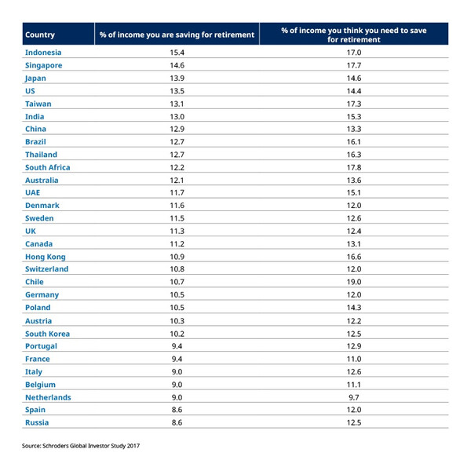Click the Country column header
coord(40,35)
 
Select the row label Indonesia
coord(43,53)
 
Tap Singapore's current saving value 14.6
coord(177,65)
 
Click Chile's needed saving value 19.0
coord(354,282)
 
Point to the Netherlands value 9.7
coord(354,398)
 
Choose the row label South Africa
coord(47,168)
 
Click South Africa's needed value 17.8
coord(354,168)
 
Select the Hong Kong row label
coord(46,257)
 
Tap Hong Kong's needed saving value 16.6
coord(354,257)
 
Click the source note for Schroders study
coord(81,446)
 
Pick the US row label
coord(30,91)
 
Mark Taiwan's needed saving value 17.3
coord(354,104)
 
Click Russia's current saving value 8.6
coord(177,422)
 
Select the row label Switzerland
coord(46,269)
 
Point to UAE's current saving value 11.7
coord(177,193)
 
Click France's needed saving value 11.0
coord(354,360)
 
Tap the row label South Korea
coord(47,334)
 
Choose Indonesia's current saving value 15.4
coord(177,53)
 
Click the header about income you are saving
coord(177,35)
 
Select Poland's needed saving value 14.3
coord(354,308)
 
